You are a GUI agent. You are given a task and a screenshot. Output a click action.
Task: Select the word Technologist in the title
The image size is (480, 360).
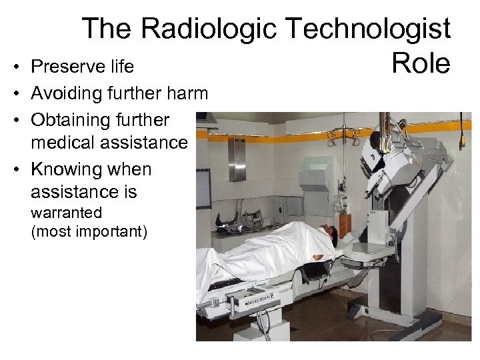click(x=368, y=29)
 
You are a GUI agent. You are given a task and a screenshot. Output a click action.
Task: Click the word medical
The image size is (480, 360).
click(x=67, y=143)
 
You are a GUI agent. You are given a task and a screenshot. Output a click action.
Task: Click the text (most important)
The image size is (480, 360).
click(x=89, y=232)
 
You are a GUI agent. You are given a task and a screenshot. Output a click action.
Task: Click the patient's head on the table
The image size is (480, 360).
click(x=328, y=235)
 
